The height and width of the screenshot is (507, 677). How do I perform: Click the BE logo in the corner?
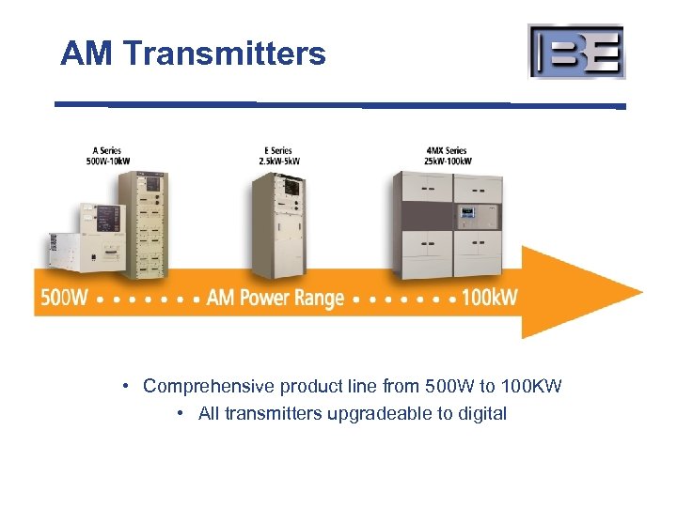tap(576, 52)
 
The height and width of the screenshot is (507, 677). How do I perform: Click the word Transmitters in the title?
tap(225, 54)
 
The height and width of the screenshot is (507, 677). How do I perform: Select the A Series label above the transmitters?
tap(107, 150)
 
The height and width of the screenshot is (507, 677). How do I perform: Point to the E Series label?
tap(279, 150)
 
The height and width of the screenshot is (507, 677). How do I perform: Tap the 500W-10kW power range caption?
tap(107, 160)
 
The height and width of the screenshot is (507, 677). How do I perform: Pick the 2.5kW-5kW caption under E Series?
tap(279, 160)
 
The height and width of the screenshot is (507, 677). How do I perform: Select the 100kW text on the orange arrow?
tap(490, 299)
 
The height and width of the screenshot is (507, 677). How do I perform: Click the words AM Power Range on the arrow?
tap(276, 299)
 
